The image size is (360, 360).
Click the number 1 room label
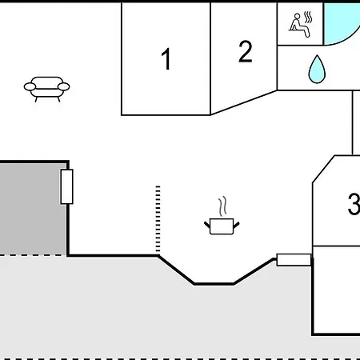coord(166,58)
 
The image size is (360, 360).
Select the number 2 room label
coord(245,51)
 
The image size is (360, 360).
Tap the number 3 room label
coord(354,204)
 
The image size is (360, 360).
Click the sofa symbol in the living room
coord(46,89)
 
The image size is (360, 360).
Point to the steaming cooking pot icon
coord(222,216)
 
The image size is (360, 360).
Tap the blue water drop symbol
coord(317,70)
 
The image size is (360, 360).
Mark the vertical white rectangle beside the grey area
coord(66,186)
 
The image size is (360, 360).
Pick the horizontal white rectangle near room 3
coord(294,260)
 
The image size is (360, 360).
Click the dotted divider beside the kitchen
coord(158,218)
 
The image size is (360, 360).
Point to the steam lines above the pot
coord(222,207)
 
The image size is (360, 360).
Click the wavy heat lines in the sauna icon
coord(308,17)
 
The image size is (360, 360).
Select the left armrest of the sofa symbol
coord(30,86)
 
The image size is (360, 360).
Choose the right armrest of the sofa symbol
coord(64,86)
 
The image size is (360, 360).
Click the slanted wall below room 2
coord(244,102)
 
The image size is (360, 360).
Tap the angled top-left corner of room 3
coord(323,169)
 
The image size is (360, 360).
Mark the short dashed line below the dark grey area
coord(33,255)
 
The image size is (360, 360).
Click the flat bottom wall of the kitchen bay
coord(214,284)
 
